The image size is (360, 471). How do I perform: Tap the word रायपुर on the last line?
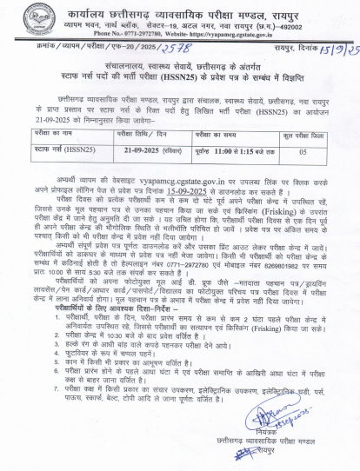coord(281,460)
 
